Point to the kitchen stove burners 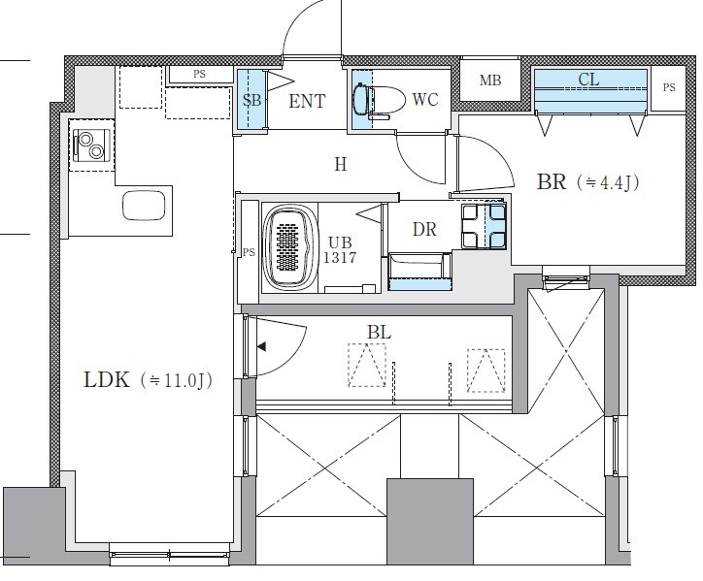coord(91,145)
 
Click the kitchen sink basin coord(144,206)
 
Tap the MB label coord(490,81)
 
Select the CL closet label coord(588,80)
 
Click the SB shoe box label coord(251,100)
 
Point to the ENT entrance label coord(307,101)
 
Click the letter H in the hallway coord(340,165)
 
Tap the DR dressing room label coord(424,229)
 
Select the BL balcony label coord(380,333)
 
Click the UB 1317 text coord(340,250)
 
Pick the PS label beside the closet coord(669,87)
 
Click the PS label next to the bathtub coord(249,252)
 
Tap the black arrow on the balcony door coord(261,346)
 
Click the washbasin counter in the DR coord(420,273)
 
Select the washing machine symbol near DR coord(484,226)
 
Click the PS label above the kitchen coord(199,74)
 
